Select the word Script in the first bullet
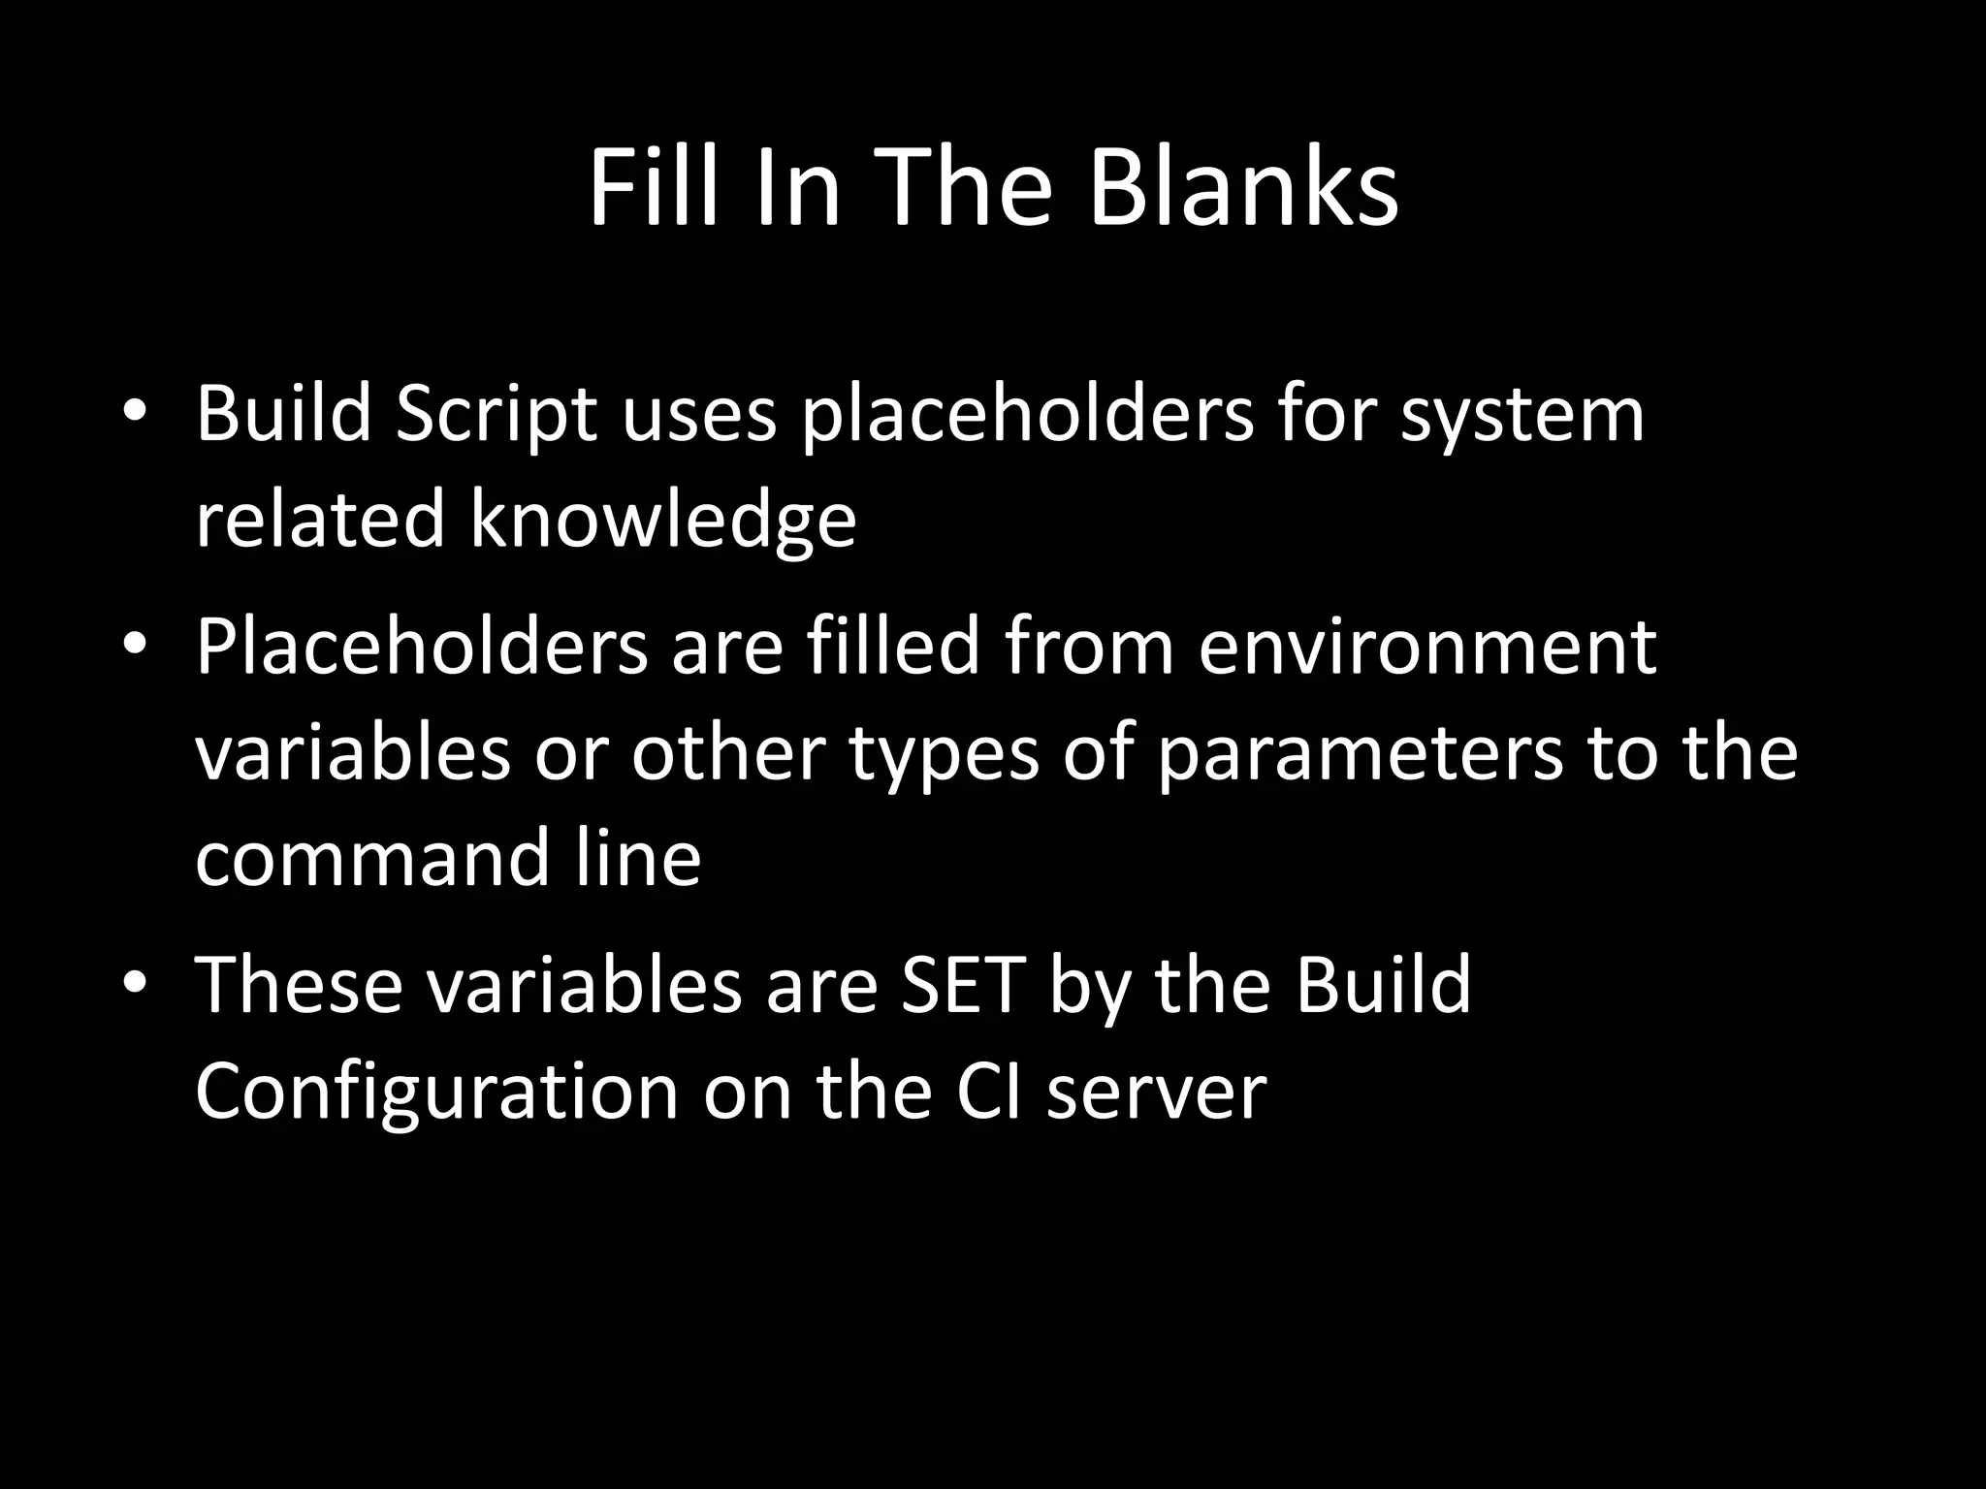pos(496,415)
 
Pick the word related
pos(320,520)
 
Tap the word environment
pos(1426,648)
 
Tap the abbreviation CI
pos(989,1092)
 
